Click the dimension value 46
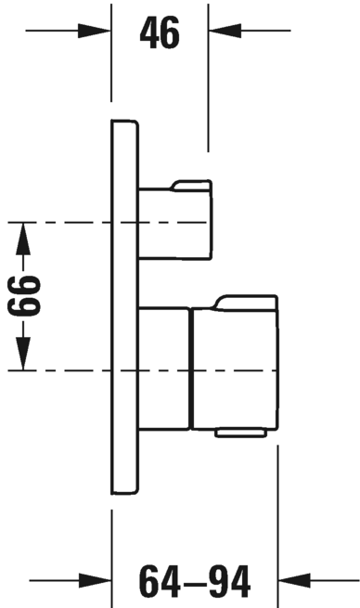tap(160, 33)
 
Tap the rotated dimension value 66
tap(23, 295)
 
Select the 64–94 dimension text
tap(195, 582)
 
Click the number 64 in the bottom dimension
tap(160, 582)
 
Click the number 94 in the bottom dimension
tap(229, 582)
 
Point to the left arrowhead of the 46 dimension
tap(94, 31)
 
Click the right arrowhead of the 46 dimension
tap(225, 31)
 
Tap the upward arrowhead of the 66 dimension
tap(23, 239)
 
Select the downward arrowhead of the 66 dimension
tap(23, 354)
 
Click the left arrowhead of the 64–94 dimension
tap(95, 580)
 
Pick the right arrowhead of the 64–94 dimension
tap(294, 580)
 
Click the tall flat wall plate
tap(124, 306)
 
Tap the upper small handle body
tap(175, 224)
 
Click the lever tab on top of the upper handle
tap(191, 186)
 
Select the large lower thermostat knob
tap(235, 369)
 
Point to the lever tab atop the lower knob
tap(245, 303)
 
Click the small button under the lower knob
tap(241, 433)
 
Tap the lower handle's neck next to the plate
tap(164, 369)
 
